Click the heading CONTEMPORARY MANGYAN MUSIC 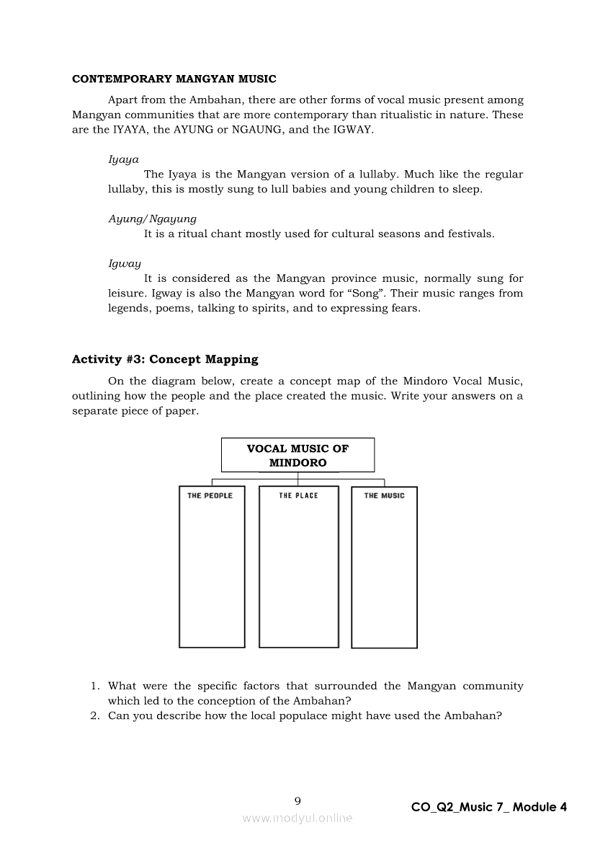[174, 79]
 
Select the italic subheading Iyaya [123, 159]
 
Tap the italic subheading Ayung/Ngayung [152, 219]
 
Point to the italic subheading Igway [125, 263]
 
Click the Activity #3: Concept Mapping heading [165, 359]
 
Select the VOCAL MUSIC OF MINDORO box [297, 456]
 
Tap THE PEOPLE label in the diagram [210, 495]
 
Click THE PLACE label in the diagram [298, 495]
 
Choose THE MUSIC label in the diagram [384, 495]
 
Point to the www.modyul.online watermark [297, 818]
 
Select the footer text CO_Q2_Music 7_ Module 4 [489, 807]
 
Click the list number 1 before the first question [94, 686]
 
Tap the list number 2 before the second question [94, 715]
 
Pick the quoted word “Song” [365, 293]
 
